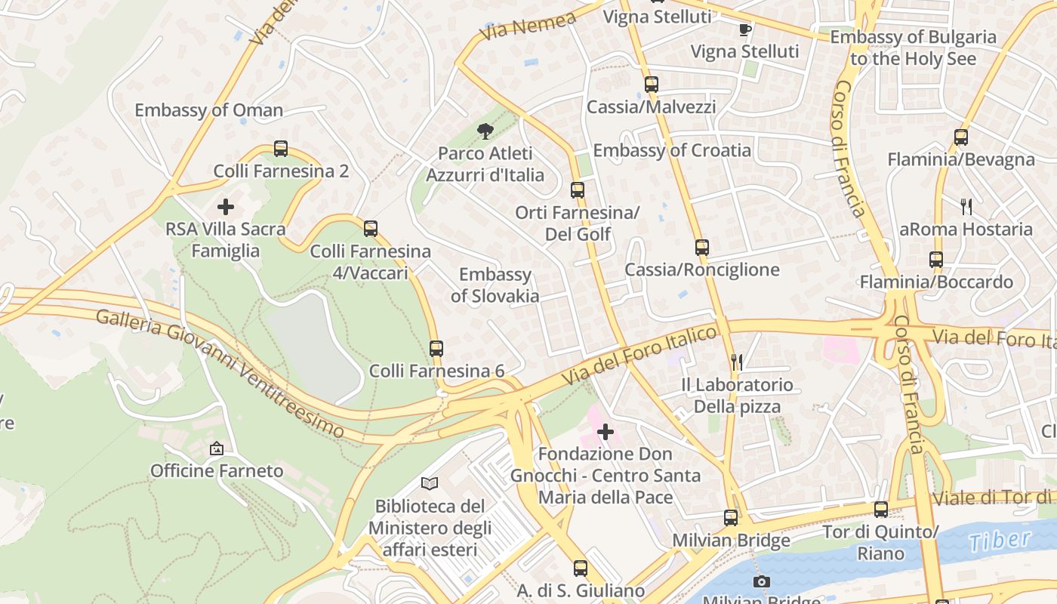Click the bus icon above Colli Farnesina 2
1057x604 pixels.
tap(281, 149)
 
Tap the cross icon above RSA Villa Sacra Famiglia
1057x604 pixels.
tap(225, 206)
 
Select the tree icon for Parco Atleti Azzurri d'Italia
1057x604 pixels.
tap(485, 131)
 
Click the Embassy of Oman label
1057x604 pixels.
tap(208, 110)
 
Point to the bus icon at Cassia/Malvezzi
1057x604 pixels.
tap(652, 85)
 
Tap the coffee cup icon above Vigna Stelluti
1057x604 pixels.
tap(745, 29)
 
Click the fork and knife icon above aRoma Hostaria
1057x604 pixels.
tap(966, 206)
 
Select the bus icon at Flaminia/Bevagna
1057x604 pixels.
tap(960, 137)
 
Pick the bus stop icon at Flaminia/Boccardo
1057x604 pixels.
tap(936, 260)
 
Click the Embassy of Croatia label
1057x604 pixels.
tap(672, 150)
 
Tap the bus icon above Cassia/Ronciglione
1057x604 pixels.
tap(702, 248)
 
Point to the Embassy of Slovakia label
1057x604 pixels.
tap(495, 285)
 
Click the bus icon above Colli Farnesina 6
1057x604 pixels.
tap(436, 349)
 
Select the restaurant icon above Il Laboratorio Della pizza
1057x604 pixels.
tap(737, 362)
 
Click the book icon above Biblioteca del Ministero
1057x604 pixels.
tap(430, 483)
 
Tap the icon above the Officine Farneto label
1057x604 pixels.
tap(217, 448)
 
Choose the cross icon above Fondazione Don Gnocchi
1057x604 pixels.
tap(606, 432)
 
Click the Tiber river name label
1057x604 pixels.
tap(1000, 541)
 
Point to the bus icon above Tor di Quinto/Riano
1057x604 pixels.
tap(880, 510)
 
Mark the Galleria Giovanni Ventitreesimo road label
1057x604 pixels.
tap(225, 371)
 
